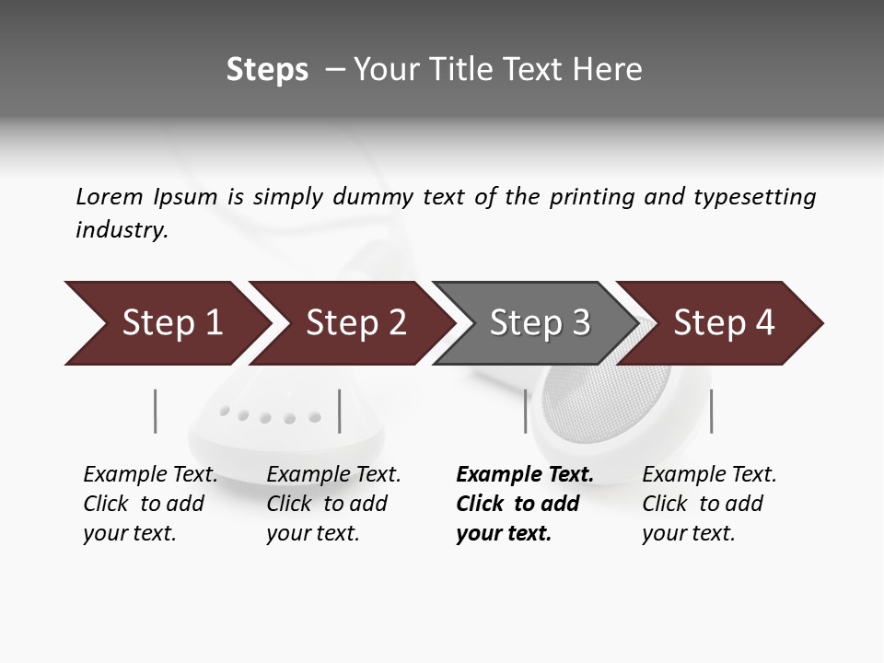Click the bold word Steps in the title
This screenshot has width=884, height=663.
267,70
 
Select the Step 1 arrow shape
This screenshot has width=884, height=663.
166,323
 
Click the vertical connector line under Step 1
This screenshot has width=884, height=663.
156,411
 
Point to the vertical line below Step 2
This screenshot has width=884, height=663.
340,411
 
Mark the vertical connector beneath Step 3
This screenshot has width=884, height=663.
526,411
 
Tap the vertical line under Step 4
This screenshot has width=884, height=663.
711,411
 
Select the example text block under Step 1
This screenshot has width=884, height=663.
150,504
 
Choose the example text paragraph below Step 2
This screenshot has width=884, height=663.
333,504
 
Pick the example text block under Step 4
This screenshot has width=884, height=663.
709,504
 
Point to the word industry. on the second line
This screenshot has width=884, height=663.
122,230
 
